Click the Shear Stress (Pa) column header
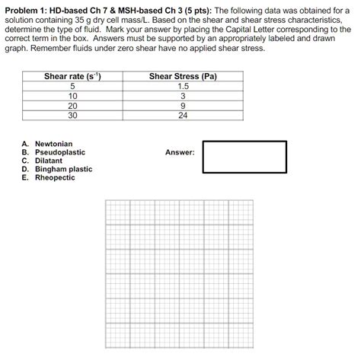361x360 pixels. point(183,77)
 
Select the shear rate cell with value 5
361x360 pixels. point(73,87)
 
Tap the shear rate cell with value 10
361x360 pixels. point(73,97)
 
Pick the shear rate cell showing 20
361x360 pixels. point(73,107)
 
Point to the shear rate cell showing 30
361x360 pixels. point(73,116)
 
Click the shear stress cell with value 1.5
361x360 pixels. point(183,87)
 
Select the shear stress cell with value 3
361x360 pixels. point(183,97)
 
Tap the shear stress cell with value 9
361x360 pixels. point(183,107)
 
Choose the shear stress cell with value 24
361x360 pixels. point(183,116)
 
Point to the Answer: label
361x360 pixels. point(180,152)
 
